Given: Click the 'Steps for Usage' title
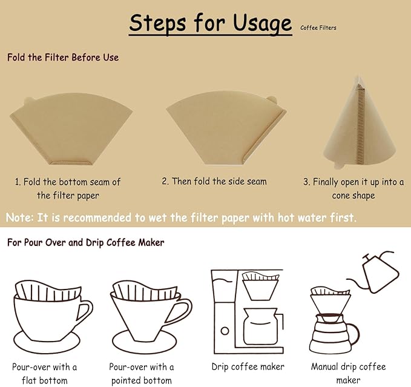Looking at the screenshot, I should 210,24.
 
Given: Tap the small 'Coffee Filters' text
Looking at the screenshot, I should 318,27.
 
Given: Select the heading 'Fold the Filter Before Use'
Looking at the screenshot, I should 63,58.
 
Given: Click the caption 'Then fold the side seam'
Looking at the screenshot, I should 214,181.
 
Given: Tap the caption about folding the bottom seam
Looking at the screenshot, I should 68,188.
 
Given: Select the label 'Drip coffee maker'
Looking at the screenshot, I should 248,366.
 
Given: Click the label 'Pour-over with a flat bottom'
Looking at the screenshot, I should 45,373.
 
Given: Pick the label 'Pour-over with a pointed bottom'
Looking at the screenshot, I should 141,373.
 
